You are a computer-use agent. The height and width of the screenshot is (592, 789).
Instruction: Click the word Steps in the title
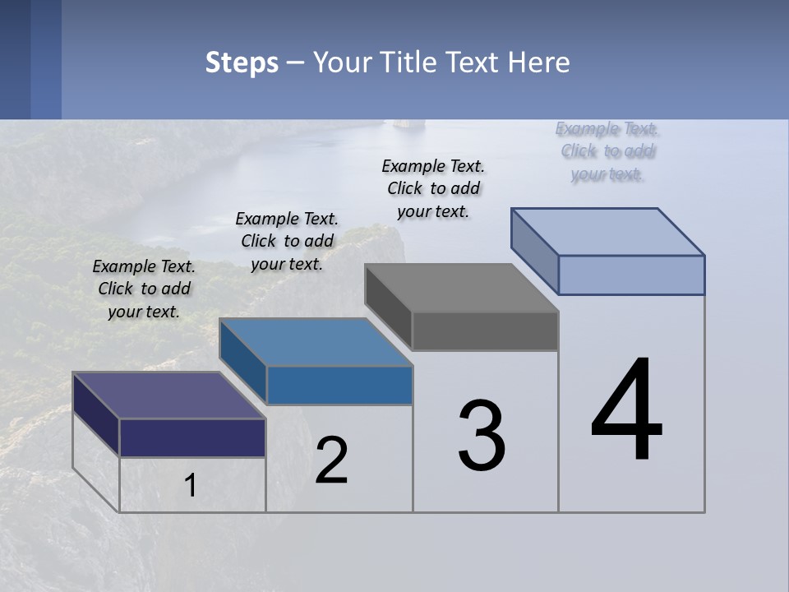[x=242, y=62]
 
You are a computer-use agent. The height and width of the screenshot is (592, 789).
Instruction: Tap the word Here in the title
[x=539, y=62]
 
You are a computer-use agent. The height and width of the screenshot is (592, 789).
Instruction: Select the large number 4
[x=627, y=410]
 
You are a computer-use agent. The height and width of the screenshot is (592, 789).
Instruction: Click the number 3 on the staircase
[x=482, y=436]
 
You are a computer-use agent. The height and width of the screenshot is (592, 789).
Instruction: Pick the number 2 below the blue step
[x=331, y=460]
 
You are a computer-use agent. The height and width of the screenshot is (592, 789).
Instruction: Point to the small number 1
[x=190, y=485]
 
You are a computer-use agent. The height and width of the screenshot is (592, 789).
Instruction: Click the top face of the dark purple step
[x=168, y=395]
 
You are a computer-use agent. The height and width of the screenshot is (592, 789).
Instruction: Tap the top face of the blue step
[x=316, y=342]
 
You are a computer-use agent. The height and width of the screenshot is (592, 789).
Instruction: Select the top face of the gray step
[x=461, y=288]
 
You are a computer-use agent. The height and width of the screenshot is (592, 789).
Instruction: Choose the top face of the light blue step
[x=607, y=232]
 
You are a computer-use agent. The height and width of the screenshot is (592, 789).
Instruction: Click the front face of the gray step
[x=485, y=331]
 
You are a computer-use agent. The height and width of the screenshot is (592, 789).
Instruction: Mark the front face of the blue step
[x=339, y=386]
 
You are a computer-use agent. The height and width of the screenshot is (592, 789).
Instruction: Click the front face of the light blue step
[x=631, y=275]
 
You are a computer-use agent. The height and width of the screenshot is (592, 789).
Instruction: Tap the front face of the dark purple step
[x=192, y=437]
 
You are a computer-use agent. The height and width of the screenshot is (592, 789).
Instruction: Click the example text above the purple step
[x=144, y=289]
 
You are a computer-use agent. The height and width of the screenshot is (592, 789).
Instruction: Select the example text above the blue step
[x=287, y=241]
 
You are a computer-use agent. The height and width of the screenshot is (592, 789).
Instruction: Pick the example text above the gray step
[x=433, y=188]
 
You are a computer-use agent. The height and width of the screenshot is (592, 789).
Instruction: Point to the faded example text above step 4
[x=607, y=151]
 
